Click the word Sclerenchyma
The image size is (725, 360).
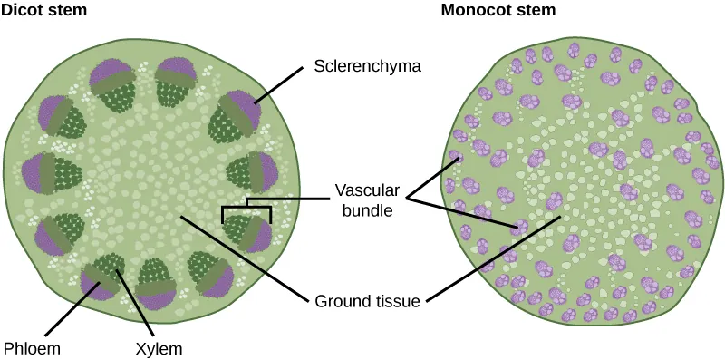357,67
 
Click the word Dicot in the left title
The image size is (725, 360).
24,11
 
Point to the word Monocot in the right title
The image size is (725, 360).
473,11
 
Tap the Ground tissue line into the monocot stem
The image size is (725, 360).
489,258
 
